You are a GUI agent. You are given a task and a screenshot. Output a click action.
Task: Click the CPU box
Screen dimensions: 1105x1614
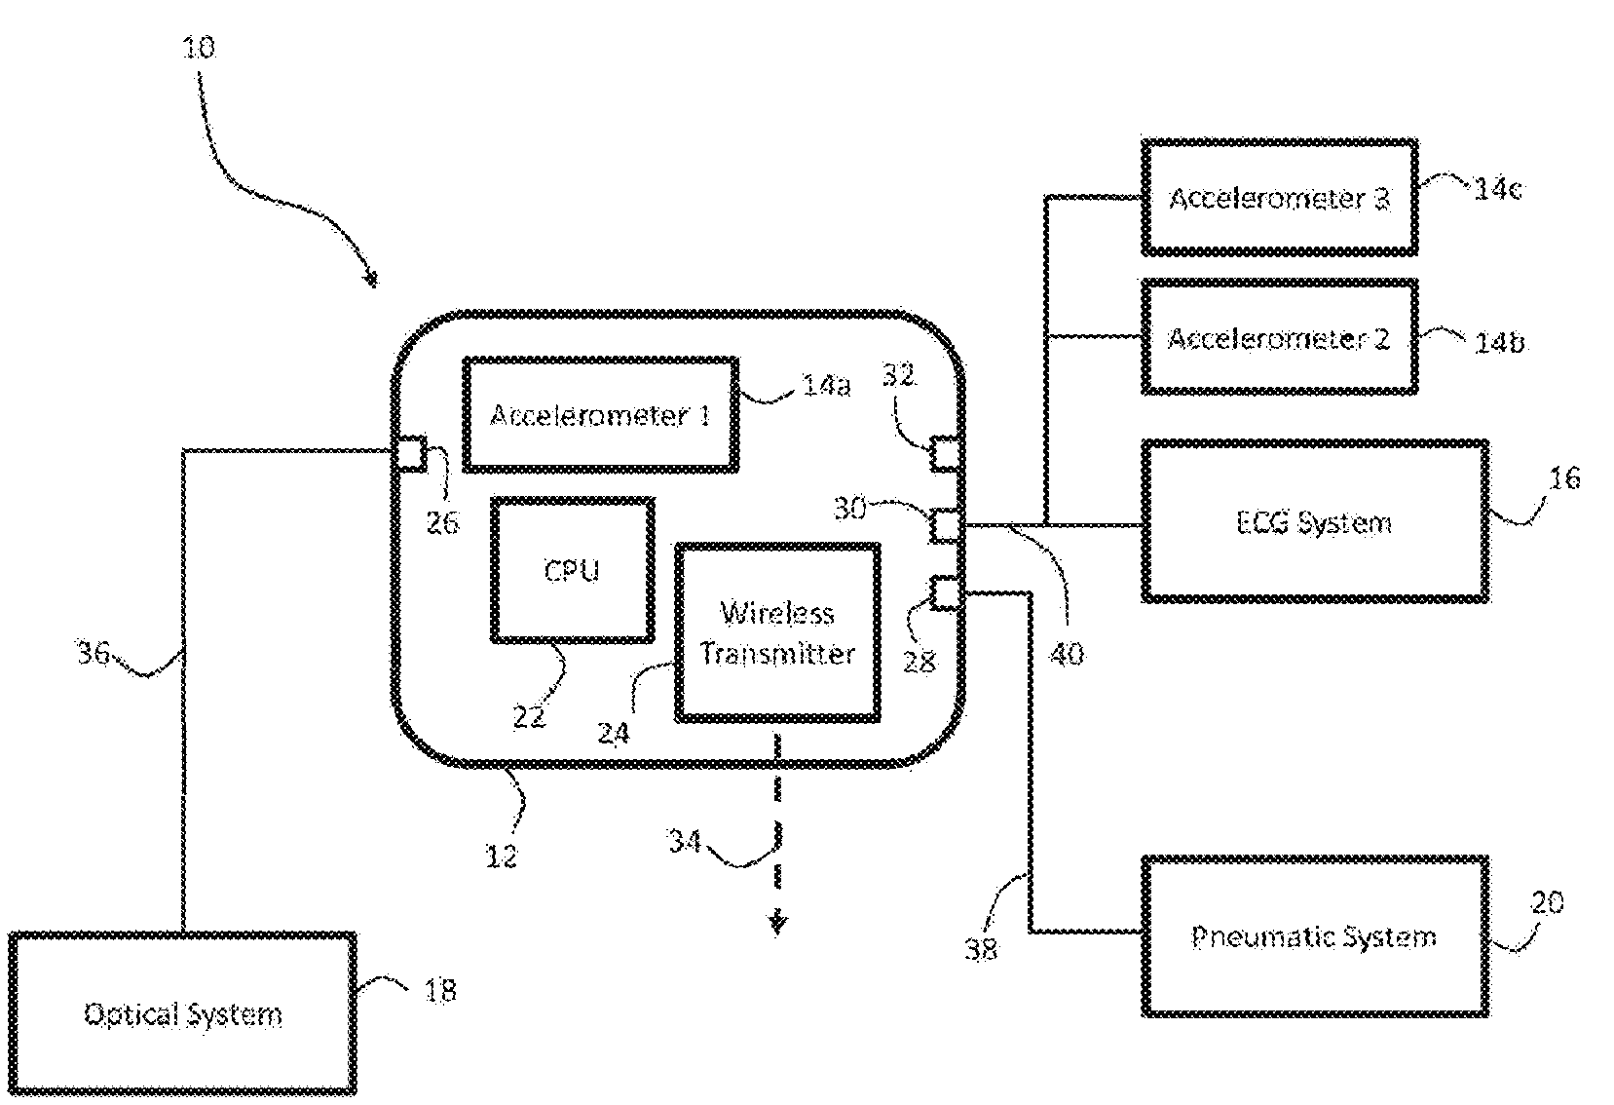[x=572, y=570]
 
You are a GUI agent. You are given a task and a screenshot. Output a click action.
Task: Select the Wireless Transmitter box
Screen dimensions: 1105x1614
[x=777, y=633]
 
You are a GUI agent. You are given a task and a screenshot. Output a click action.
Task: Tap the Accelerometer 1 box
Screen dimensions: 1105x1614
[x=599, y=415]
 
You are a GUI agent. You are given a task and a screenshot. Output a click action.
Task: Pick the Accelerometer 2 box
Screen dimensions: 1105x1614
[x=1278, y=338]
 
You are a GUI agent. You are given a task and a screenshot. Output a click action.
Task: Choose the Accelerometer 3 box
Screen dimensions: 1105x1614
[x=1278, y=198]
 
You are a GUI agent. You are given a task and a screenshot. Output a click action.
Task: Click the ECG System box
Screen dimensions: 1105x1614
[x=1314, y=521]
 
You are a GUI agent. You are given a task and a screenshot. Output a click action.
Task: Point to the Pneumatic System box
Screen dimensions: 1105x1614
[x=1314, y=936]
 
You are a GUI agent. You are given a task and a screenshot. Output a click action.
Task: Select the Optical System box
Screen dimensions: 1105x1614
[x=182, y=1014]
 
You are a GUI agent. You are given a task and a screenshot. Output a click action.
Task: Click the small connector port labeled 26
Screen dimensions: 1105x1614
[x=409, y=453]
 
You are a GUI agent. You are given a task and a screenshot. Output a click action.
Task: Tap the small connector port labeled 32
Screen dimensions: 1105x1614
[x=946, y=454]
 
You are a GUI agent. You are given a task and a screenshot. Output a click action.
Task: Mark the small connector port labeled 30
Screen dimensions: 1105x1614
[x=946, y=525]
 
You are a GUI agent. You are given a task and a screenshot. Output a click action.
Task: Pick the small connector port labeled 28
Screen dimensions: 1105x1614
[x=946, y=592]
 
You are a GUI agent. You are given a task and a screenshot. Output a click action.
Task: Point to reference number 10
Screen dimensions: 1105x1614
[x=199, y=47]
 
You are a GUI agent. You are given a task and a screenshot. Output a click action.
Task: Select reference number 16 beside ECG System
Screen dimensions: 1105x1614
[x=1564, y=478]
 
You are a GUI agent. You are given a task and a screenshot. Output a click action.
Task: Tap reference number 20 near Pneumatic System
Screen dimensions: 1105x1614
[x=1547, y=903]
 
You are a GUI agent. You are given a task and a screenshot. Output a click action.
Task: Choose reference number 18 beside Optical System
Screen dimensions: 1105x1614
[x=439, y=990]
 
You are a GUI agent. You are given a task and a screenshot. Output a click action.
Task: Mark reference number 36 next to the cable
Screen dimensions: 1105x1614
[x=94, y=652]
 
